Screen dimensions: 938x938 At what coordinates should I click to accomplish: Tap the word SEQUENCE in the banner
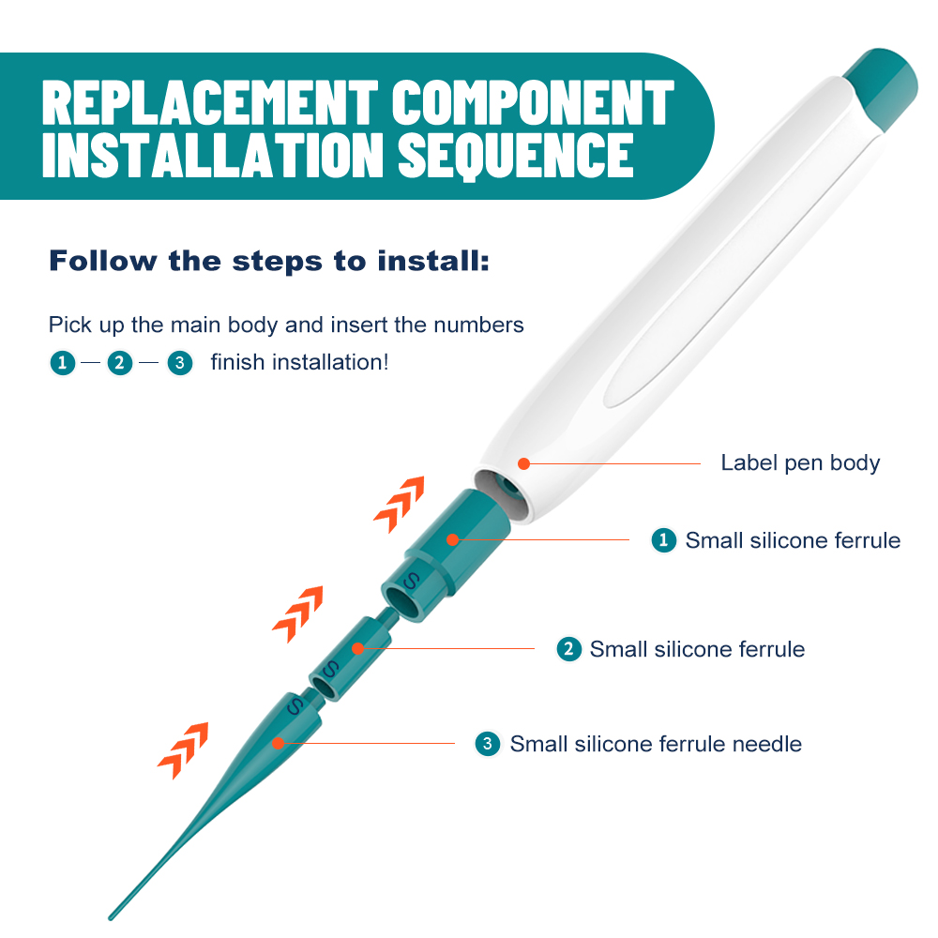[516, 156]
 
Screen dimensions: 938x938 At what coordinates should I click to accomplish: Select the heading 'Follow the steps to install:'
[269, 261]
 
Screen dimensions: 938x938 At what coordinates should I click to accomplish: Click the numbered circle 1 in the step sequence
[62, 362]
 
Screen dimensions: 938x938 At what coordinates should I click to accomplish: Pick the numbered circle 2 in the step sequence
[120, 362]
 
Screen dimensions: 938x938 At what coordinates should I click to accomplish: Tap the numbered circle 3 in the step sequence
[179, 362]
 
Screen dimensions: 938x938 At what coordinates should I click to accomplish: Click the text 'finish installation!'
[300, 362]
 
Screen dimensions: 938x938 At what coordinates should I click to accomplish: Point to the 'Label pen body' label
[800, 463]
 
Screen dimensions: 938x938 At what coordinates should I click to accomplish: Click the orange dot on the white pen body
[524, 463]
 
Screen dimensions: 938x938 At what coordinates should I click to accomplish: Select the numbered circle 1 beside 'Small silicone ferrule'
[663, 540]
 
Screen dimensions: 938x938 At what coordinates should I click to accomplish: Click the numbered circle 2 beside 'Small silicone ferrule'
[569, 649]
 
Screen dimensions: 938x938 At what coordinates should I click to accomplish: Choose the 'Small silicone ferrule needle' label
[656, 744]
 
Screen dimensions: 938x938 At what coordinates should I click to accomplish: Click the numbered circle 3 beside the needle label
[488, 744]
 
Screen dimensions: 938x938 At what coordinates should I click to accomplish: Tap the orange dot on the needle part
[279, 744]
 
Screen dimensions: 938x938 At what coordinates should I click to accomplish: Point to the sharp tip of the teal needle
[111, 917]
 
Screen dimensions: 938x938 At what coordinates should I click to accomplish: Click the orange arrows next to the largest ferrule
[400, 504]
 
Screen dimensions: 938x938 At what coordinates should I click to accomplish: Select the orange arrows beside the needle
[184, 750]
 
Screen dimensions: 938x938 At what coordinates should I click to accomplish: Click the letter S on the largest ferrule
[411, 581]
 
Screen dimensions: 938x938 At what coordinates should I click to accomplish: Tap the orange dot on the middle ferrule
[357, 648]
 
